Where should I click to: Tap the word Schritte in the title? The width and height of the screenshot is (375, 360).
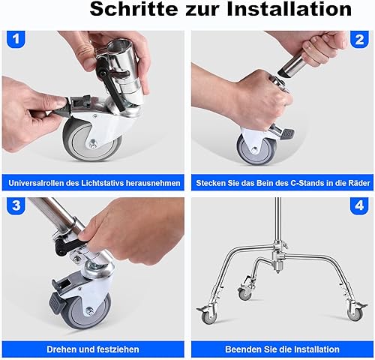click(133, 9)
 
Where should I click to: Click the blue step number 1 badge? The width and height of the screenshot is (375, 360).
click(16, 39)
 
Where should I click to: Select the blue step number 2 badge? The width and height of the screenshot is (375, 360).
click(359, 39)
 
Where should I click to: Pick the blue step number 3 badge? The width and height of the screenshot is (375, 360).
click(16, 205)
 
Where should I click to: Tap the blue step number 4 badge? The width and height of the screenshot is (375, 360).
click(359, 205)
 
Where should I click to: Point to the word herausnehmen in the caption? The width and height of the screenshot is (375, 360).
click(153, 183)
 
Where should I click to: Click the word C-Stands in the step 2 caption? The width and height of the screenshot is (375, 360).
click(307, 183)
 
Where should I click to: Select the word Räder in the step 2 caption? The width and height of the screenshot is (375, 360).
click(359, 183)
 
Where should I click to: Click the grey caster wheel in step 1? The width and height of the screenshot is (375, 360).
click(91, 140)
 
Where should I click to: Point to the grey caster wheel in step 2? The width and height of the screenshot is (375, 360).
click(256, 149)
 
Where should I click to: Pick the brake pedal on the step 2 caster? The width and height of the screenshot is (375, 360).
click(287, 133)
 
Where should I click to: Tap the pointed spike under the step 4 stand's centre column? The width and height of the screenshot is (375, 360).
click(278, 268)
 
